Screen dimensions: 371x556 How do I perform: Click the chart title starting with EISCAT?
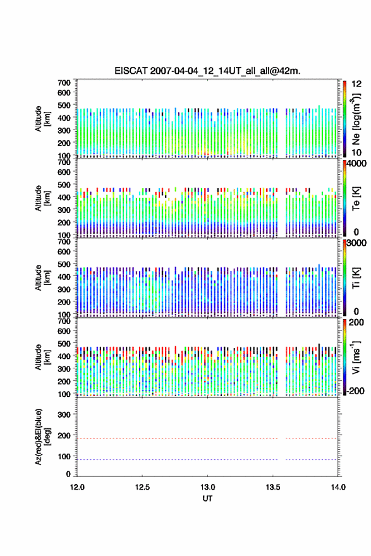tap(207, 71)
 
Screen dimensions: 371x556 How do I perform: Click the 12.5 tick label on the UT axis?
tap(142, 487)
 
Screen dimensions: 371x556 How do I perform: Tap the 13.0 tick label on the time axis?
tap(207, 487)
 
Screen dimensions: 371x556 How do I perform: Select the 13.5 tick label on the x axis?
tap(273, 487)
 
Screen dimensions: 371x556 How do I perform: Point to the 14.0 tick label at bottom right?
tap(338, 487)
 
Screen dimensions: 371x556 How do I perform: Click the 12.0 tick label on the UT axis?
tap(77, 487)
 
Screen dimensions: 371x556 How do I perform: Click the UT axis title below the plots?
tap(207, 499)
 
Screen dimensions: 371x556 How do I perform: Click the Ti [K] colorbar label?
tap(356, 278)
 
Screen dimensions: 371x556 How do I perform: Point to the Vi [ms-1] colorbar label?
tap(356, 358)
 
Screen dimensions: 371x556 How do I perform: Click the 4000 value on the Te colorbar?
tap(356, 164)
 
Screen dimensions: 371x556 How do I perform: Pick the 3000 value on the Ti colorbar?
tap(356, 243)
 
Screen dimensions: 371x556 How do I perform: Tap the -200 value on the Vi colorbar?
tap(354, 391)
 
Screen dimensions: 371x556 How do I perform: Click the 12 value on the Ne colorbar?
tap(357, 84)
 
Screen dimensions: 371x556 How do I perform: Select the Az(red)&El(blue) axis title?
tap(42, 437)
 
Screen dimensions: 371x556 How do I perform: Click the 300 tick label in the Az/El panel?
tap(64, 414)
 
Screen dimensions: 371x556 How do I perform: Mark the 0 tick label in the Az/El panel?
tap(68, 474)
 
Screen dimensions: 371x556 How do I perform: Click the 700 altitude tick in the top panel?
tap(64, 83)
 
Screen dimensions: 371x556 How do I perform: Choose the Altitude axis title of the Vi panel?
tap(42, 357)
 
